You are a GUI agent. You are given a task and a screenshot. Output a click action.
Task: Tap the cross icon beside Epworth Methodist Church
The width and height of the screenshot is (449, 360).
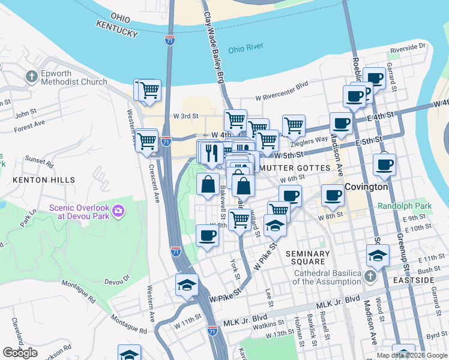point(31,77)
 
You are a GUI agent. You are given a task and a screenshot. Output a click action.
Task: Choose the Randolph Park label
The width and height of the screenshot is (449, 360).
point(405,206)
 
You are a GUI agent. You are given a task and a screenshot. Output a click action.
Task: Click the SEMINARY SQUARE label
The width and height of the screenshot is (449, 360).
point(308,258)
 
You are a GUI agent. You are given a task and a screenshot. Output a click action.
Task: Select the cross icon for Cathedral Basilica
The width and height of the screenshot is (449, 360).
point(370,276)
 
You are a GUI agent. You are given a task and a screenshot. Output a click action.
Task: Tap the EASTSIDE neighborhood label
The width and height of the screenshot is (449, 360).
point(428,280)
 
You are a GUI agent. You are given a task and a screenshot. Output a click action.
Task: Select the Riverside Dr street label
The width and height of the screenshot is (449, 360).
point(407,46)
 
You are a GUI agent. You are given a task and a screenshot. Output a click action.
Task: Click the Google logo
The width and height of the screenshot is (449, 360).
point(20,353)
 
